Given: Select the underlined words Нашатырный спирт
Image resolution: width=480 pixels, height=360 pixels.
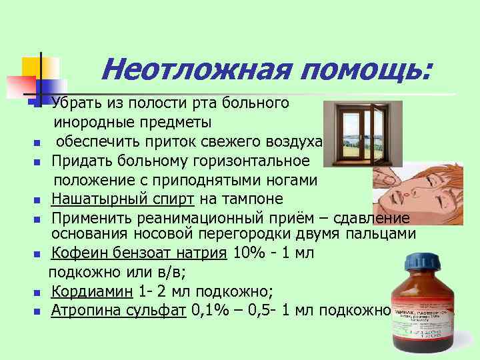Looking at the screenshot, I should (x=123, y=199).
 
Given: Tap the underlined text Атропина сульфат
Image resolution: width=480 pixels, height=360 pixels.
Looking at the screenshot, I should (x=118, y=310).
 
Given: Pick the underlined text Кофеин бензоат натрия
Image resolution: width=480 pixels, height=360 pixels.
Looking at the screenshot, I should (x=139, y=253).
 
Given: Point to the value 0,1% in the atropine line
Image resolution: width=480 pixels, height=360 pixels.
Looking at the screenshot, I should (x=208, y=310).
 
